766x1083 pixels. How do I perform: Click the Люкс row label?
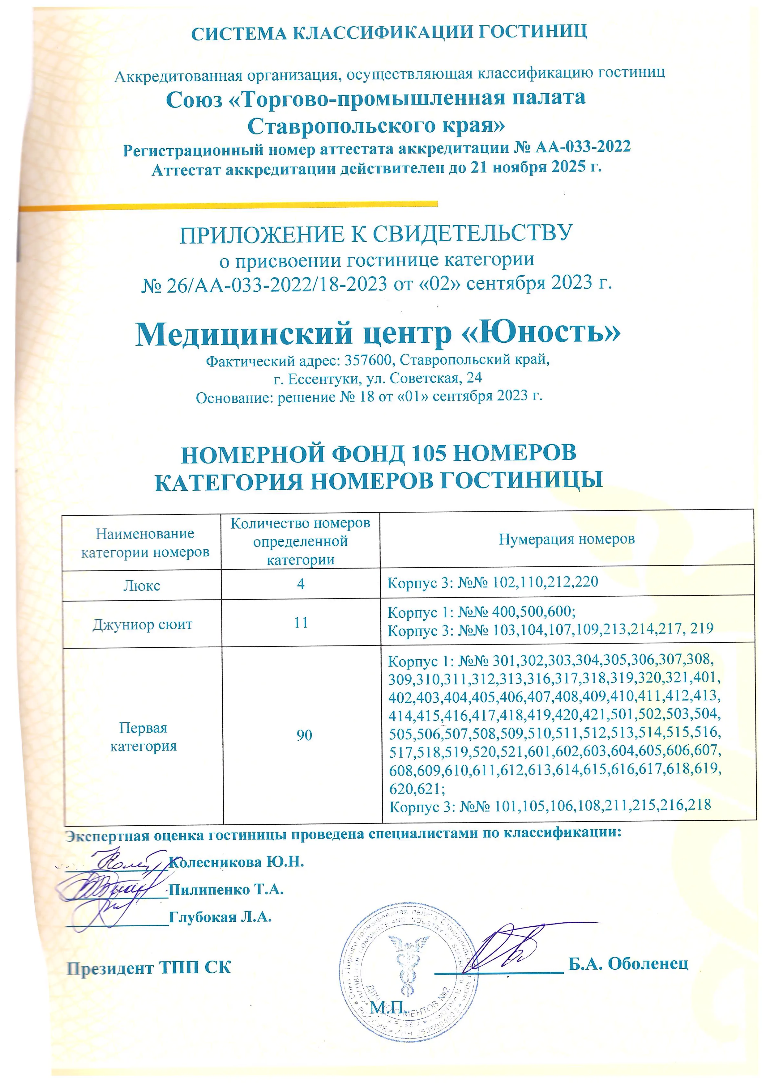pyautogui.click(x=142, y=586)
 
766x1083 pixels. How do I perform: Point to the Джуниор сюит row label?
pyautogui.click(x=143, y=625)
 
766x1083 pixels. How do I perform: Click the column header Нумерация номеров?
pyautogui.click(x=567, y=539)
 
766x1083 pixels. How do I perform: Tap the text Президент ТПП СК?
pyautogui.click(x=149, y=968)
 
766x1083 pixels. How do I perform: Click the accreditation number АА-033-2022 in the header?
pyautogui.click(x=583, y=147)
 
